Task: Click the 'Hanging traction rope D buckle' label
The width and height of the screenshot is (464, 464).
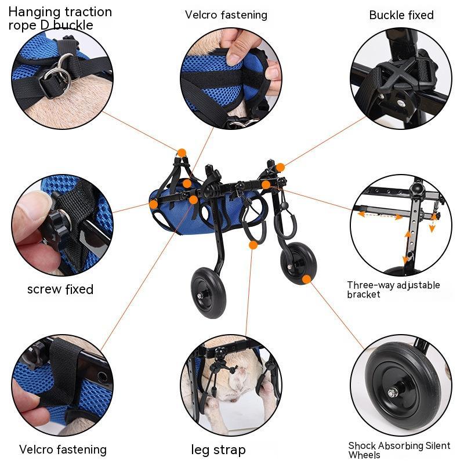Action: tap(60, 18)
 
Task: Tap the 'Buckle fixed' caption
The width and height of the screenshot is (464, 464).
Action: tap(401, 15)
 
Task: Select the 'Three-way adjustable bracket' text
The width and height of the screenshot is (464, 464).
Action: tap(393, 289)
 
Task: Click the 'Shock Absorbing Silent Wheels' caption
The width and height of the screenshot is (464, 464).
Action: tap(399, 450)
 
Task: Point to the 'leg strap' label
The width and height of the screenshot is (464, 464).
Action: tap(218, 449)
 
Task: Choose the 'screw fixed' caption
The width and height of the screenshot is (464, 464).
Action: tap(60, 289)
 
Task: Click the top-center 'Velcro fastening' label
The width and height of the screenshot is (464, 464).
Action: tap(226, 15)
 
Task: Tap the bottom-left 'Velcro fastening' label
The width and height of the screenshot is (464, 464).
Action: tap(63, 449)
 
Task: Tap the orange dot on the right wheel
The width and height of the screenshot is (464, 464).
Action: tap(306, 279)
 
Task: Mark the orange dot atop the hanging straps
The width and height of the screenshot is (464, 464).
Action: tap(182, 153)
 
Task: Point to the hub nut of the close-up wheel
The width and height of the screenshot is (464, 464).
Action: tap(392, 393)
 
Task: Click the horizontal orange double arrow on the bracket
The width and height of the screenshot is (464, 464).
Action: tap(380, 215)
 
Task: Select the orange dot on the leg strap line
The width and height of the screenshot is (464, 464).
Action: tap(253, 245)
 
